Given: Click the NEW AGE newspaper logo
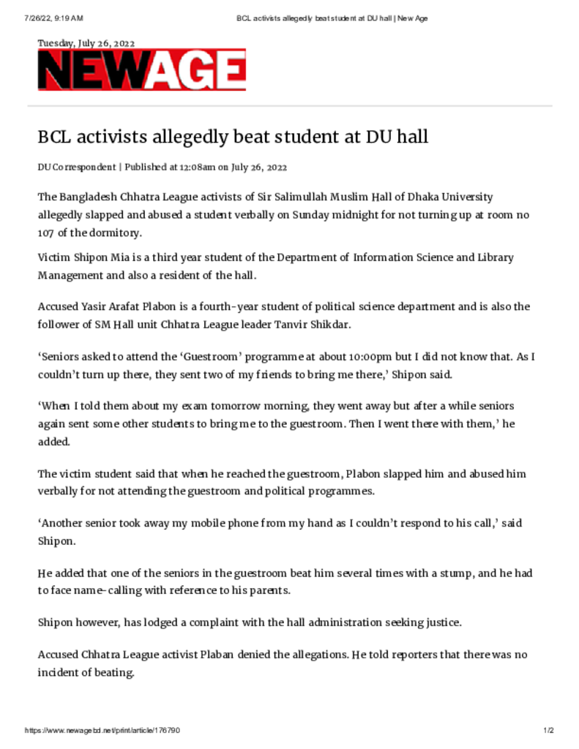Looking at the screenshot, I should [142, 71].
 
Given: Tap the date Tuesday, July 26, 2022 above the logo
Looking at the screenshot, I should [86, 43].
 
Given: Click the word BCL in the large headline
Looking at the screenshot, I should [56, 137].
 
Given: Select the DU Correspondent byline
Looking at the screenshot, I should [77, 167].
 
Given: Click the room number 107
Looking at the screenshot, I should [48, 233].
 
